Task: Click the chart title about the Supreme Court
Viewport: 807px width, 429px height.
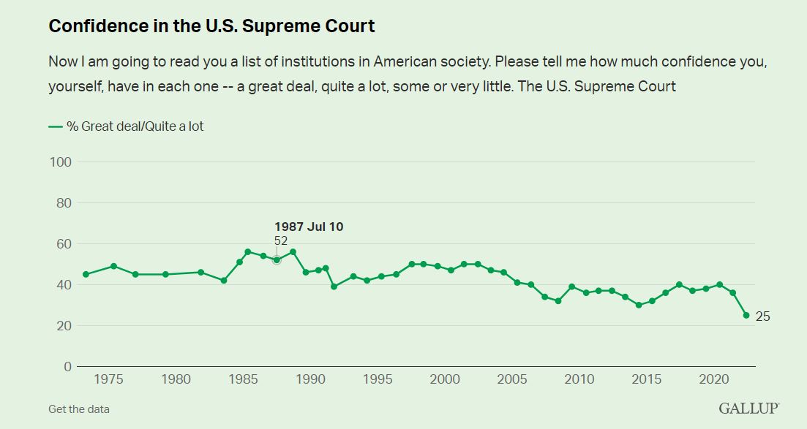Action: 211,26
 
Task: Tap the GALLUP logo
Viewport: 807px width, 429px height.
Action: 748,409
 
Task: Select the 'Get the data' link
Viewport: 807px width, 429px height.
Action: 79,409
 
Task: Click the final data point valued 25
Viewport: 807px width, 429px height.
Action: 746,315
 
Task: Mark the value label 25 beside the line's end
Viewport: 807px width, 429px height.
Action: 762,316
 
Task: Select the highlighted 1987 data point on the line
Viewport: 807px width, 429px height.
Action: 277,259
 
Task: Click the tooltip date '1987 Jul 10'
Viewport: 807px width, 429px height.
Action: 309,227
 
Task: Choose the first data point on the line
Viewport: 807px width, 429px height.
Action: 86,274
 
